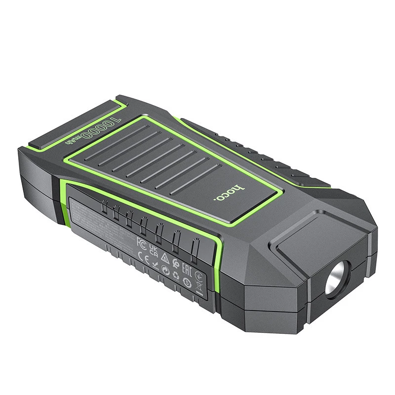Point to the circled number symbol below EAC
[x=187, y=282]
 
